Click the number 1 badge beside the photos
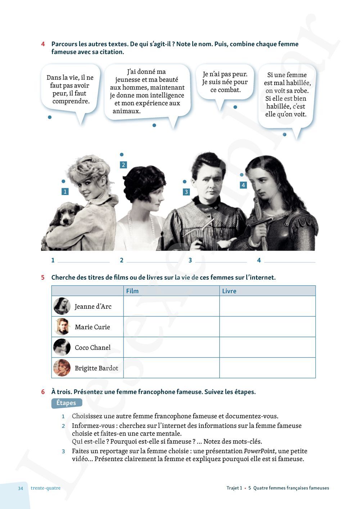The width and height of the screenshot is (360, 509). tap(65, 192)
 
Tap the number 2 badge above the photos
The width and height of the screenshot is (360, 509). tap(123, 165)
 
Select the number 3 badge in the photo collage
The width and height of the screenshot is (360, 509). tap(186, 192)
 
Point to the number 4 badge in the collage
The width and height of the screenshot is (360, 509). tap(243, 185)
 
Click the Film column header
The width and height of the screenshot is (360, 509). tap(132, 291)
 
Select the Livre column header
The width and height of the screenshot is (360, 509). tap(229, 291)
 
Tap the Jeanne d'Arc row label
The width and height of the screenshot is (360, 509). tap(93, 306)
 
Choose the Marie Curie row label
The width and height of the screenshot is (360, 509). tap(92, 327)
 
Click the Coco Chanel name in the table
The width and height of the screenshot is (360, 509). tap(93, 347)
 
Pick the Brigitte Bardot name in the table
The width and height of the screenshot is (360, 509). tap(96, 368)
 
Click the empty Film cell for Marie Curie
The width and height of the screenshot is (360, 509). tap(171, 327)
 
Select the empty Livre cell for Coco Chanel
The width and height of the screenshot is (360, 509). tap(267, 347)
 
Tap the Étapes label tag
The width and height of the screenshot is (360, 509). tap(66, 403)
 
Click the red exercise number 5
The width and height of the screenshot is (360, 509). tap(43, 278)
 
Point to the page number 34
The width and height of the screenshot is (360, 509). tap(21, 488)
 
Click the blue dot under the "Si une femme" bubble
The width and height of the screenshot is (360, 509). tap(284, 135)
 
